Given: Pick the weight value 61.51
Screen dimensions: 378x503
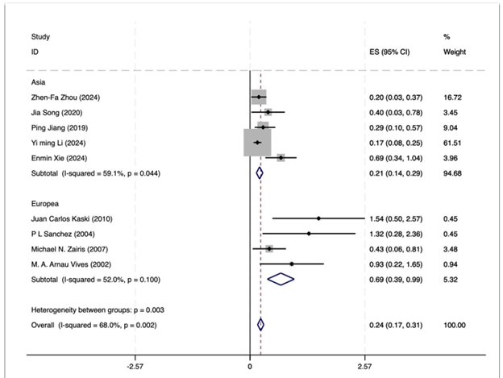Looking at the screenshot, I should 454,143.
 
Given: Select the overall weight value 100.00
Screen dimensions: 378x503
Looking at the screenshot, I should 455,325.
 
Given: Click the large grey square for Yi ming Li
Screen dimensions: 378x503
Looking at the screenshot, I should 257,143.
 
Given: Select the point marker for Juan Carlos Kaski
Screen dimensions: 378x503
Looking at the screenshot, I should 318,218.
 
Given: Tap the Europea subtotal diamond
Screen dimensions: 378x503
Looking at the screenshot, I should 281,279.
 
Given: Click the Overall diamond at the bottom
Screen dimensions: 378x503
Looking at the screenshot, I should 260,325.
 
